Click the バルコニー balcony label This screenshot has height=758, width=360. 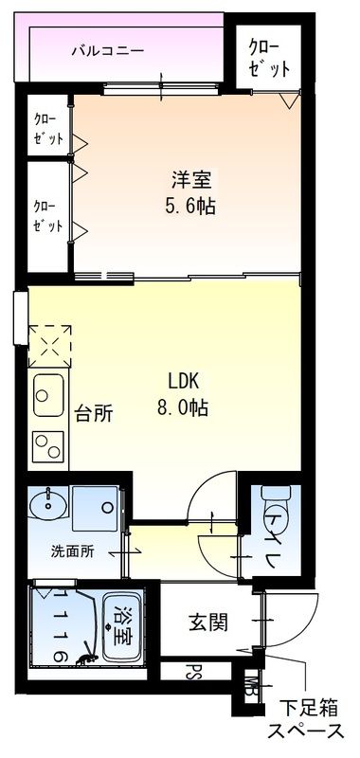tap(108, 51)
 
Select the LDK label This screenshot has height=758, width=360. tap(185, 383)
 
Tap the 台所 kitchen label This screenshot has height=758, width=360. tap(94, 413)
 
